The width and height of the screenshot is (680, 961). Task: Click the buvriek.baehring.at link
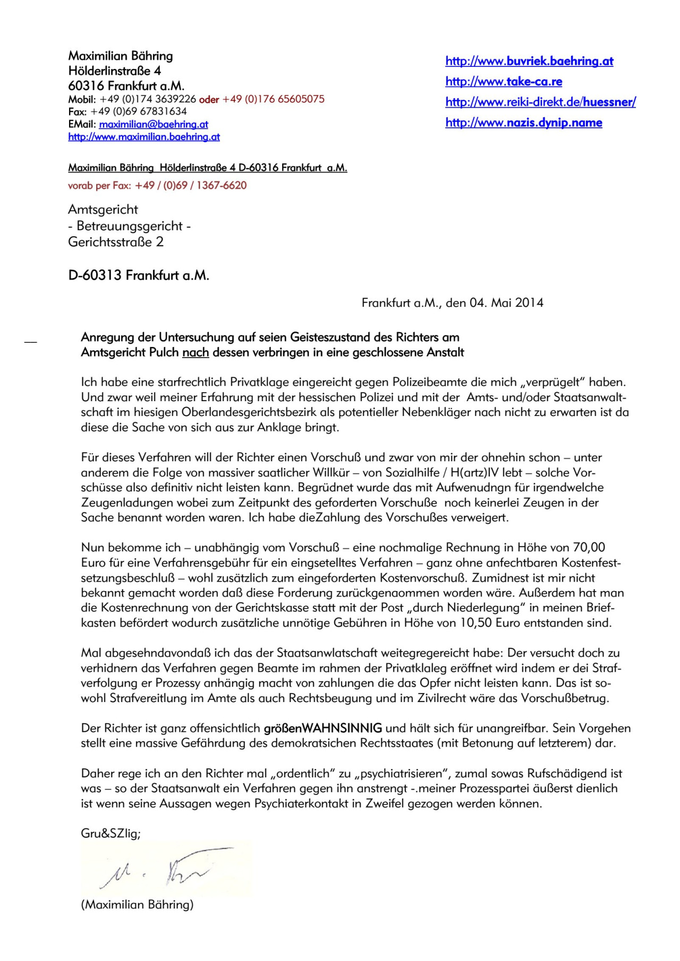[529, 61]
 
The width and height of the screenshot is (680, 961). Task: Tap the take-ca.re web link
[504, 82]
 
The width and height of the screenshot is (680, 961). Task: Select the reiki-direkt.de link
[540, 102]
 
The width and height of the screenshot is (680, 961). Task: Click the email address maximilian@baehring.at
[154, 124]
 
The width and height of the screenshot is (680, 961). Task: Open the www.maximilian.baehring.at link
[144, 137]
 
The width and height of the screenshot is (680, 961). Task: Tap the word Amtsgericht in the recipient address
[103, 210]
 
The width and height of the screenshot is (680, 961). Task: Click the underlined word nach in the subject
[195, 352]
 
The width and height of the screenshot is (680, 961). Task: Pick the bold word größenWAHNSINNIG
[323, 728]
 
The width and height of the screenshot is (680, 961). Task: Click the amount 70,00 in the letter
[589, 547]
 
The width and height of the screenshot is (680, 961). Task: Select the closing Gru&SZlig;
[110, 833]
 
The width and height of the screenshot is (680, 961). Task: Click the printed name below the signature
[137, 905]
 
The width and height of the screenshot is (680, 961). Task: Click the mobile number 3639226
[175, 99]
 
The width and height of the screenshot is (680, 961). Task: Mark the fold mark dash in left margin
[31, 342]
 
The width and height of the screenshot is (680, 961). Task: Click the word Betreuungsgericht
[130, 226]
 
